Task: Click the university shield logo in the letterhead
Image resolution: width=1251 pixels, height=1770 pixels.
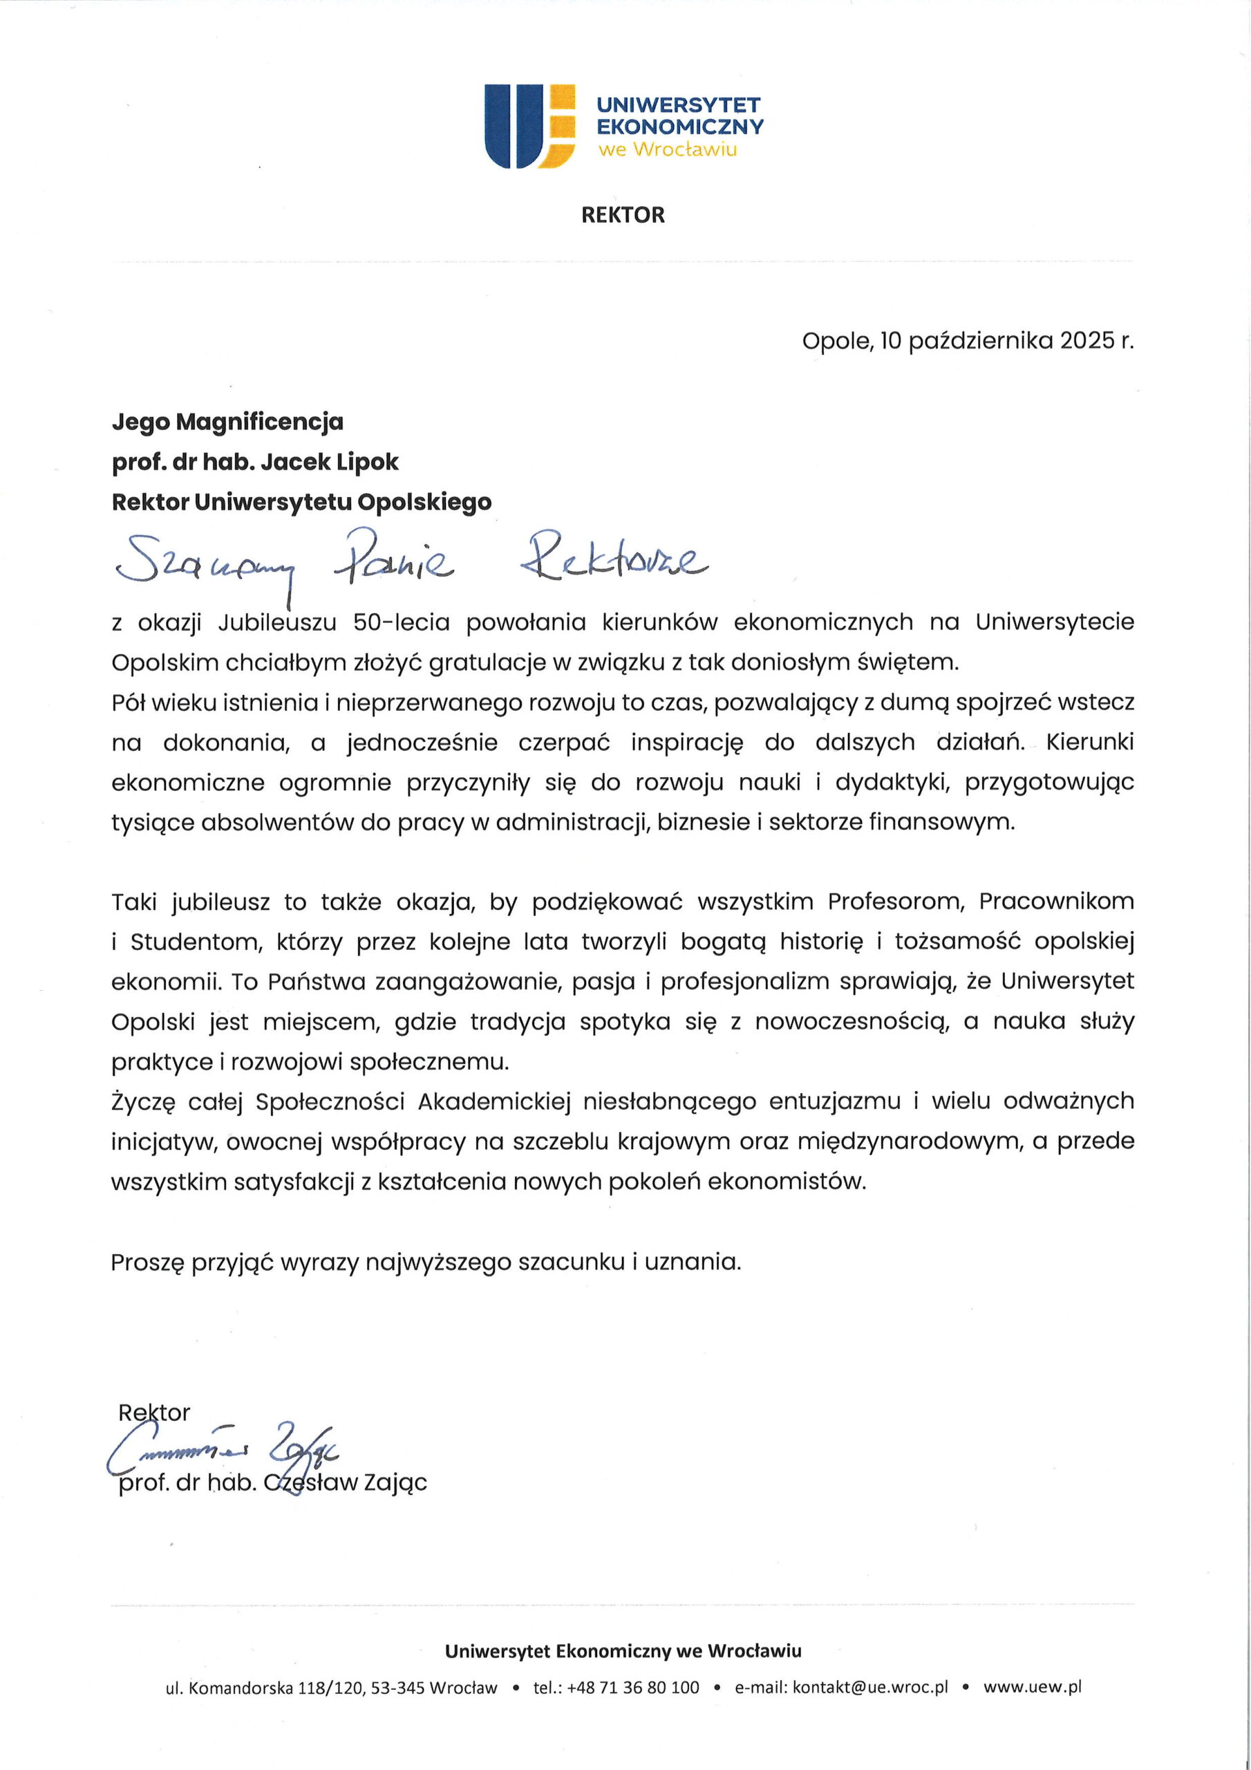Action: click(x=529, y=126)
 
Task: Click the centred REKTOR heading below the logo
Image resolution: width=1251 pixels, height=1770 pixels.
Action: click(x=623, y=215)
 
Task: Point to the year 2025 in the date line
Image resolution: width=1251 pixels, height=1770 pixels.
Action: click(x=1087, y=341)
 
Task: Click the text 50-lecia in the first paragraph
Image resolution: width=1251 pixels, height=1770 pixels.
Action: click(x=401, y=622)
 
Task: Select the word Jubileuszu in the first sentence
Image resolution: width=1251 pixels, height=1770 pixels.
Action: click(x=277, y=622)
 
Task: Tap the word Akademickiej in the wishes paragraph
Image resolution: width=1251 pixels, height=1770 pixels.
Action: click(x=494, y=1101)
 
